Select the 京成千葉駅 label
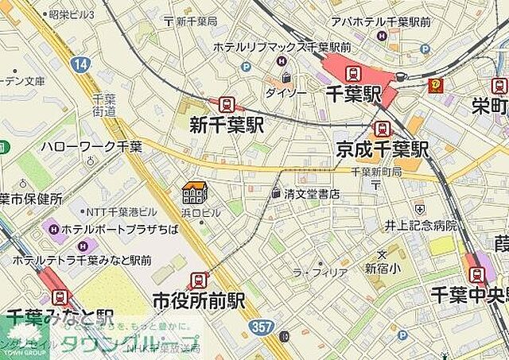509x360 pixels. pyautogui.click(x=382, y=148)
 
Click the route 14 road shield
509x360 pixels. pyautogui.click(x=80, y=64)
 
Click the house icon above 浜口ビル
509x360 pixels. pyautogui.click(x=194, y=192)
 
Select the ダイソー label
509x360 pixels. pyautogui.click(x=286, y=92)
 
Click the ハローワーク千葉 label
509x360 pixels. pyautogui.click(x=91, y=147)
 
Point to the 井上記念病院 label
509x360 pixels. pyautogui.click(x=422, y=226)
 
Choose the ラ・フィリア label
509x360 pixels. pyautogui.click(x=321, y=273)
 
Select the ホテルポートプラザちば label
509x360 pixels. pyautogui.click(x=115, y=229)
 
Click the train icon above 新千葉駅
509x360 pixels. pyautogui.click(x=227, y=104)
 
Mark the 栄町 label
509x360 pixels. pyautogui.click(x=490, y=106)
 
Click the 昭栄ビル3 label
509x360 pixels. pyautogui.click(x=71, y=14)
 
